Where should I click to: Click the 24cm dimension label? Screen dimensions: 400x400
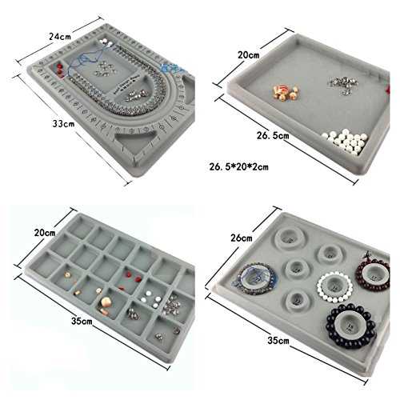click(x=60, y=36)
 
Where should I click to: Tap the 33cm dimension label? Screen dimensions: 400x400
click(x=63, y=124)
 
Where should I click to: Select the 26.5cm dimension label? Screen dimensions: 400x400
click(x=273, y=135)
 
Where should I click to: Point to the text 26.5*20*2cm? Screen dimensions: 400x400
click(x=238, y=167)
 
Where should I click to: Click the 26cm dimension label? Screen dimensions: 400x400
click(x=242, y=238)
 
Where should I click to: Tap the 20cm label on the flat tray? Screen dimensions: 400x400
click(x=249, y=55)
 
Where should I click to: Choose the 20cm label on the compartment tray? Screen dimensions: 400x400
click(x=45, y=233)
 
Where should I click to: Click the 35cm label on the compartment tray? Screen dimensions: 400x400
click(x=82, y=321)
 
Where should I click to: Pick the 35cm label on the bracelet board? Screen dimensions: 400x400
click(x=278, y=341)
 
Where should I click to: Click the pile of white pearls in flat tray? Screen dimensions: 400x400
click(x=346, y=141)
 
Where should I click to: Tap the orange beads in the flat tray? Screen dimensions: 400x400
click(x=286, y=92)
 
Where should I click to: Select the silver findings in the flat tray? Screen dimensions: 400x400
click(x=342, y=84)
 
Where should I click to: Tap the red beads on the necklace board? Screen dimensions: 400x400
click(x=59, y=69)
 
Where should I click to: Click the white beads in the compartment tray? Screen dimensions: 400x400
click(x=151, y=299)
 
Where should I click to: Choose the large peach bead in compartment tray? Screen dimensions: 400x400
click(x=106, y=303)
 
